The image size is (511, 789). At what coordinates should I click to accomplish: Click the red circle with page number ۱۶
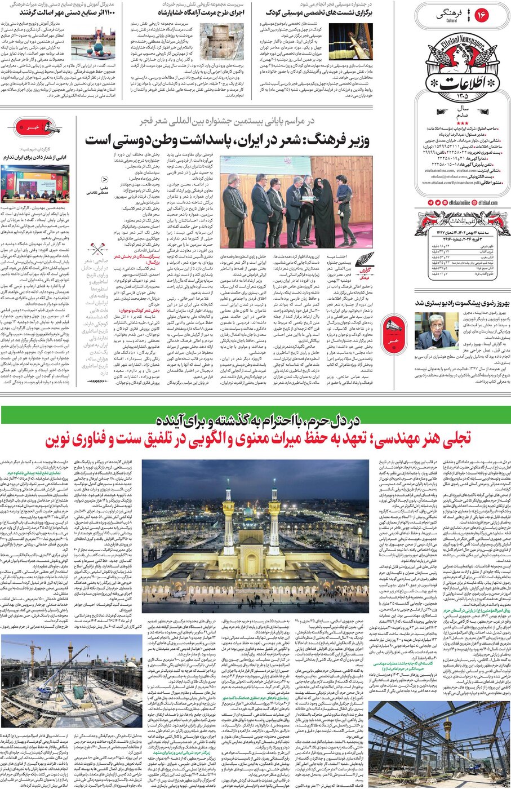[x=482, y=15]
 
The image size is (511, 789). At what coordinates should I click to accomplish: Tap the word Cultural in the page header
[x=452, y=21]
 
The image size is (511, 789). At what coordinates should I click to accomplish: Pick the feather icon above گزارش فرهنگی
[x=365, y=260]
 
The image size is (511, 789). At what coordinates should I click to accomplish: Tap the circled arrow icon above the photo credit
[x=105, y=179]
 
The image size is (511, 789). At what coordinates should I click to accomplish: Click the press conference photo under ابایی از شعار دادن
[x=35, y=183]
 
